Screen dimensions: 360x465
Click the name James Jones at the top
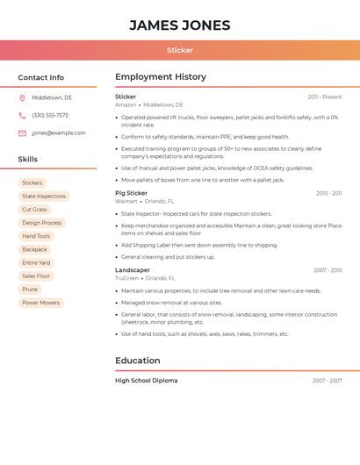pyautogui.click(x=180, y=25)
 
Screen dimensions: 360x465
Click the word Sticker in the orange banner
pyautogui.click(x=180, y=50)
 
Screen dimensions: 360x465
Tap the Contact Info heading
pyautogui.click(x=40, y=77)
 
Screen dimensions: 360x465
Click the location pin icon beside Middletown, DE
pyautogui.click(x=22, y=98)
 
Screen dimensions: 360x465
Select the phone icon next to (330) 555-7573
pyautogui.click(x=22, y=116)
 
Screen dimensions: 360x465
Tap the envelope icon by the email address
pyautogui.click(x=22, y=133)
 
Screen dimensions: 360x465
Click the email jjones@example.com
pyautogui.click(x=59, y=133)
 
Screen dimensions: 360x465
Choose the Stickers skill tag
pyautogui.click(x=32, y=183)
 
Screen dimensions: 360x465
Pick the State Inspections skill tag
pyautogui.click(x=44, y=197)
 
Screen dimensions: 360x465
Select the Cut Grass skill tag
pyautogui.click(x=34, y=210)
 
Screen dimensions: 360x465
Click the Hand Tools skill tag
pyautogui.click(x=36, y=236)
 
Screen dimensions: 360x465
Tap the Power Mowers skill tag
pyautogui.click(x=41, y=303)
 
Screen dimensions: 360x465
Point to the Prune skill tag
pyautogui.click(x=30, y=290)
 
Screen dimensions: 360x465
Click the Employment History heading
pyautogui.click(x=161, y=77)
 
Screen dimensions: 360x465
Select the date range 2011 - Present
pyautogui.click(x=324, y=97)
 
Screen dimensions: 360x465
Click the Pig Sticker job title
pyautogui.click(x=131, y=193)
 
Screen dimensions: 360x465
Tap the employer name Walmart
pyautogui.click(x=126, y=201)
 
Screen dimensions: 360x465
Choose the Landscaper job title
pyautogui.click(x=133, y=270)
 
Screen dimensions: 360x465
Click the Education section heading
pyautogui.click(x=138, y=361)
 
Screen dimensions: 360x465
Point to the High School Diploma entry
pyautogui.click(x=146, y=381)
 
